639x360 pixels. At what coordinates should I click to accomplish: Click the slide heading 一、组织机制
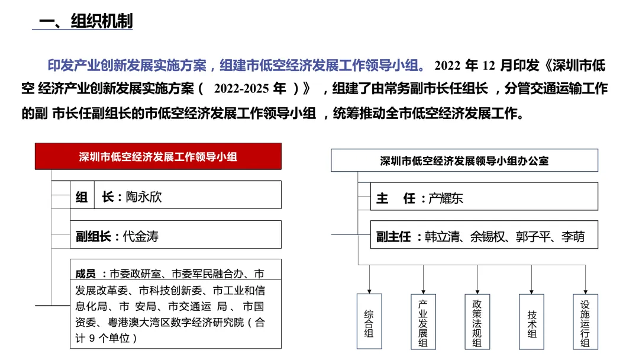[x=86, y=21]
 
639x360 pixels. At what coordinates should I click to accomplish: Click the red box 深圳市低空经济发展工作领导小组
[x=158, y=157]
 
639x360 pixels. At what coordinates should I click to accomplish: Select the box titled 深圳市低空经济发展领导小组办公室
[x=464, y=160]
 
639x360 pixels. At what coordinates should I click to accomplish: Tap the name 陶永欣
[x=144, y=197]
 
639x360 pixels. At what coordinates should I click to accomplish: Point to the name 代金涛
[x=140, y=236]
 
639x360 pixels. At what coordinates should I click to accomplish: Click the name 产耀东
[x=446, y=198]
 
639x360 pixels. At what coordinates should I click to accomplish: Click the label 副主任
[x=393, y=237]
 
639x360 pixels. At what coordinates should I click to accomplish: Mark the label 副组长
[x=93, y=236]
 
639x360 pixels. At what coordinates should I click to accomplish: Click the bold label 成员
[x=86, y=274]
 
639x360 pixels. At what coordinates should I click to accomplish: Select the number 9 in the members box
[x=91, y=338]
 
